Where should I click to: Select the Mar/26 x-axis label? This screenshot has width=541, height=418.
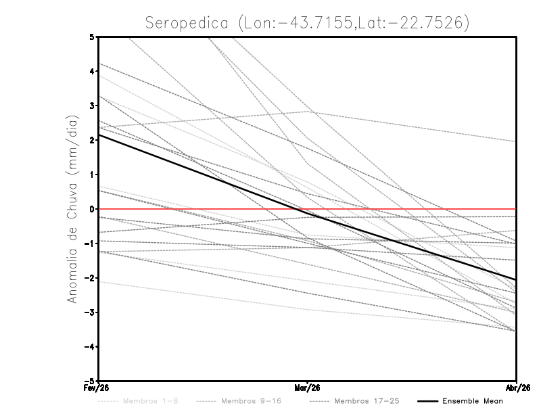click(x=308, y=388)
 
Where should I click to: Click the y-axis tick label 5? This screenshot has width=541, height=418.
click(x=93, y=37)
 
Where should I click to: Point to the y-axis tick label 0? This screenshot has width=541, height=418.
click(x=93, y=209)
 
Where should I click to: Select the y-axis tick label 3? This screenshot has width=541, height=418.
click(x=93, y=106)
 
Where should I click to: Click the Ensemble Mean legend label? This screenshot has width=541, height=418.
click(x=473, y=401)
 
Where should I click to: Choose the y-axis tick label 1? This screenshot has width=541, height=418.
click(x=93, y=175)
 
